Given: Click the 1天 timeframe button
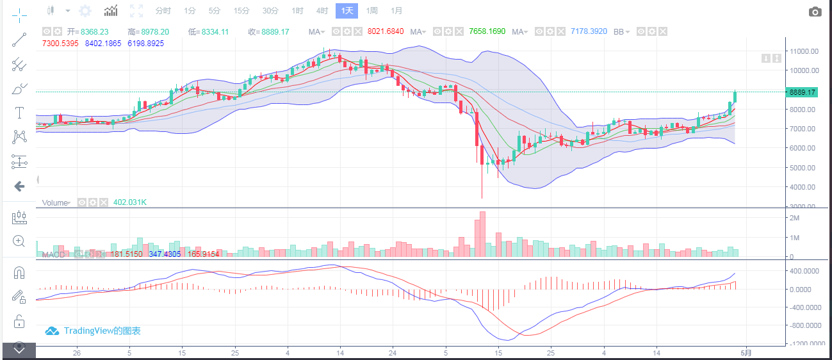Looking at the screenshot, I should point(347,11).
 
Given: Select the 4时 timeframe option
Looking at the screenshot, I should point(322,11).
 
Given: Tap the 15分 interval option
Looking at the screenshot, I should point(241,11).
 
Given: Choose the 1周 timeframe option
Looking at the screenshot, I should point(371,11).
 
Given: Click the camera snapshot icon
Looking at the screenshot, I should point(815,12).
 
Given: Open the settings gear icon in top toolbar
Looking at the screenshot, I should point(85,11).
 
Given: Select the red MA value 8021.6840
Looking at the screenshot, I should point(386,31).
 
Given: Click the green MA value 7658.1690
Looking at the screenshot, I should point(487,31).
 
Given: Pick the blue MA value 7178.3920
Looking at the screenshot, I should point(589,31).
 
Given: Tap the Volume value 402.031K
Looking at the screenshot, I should point(130,202).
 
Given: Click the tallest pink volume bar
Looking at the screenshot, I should point(482,234).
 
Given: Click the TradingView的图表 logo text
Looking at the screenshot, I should point(102,331).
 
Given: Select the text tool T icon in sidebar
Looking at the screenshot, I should point(19,113).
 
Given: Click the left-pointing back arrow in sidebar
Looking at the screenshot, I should point(19,186).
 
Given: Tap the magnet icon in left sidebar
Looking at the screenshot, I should point(19,272).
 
